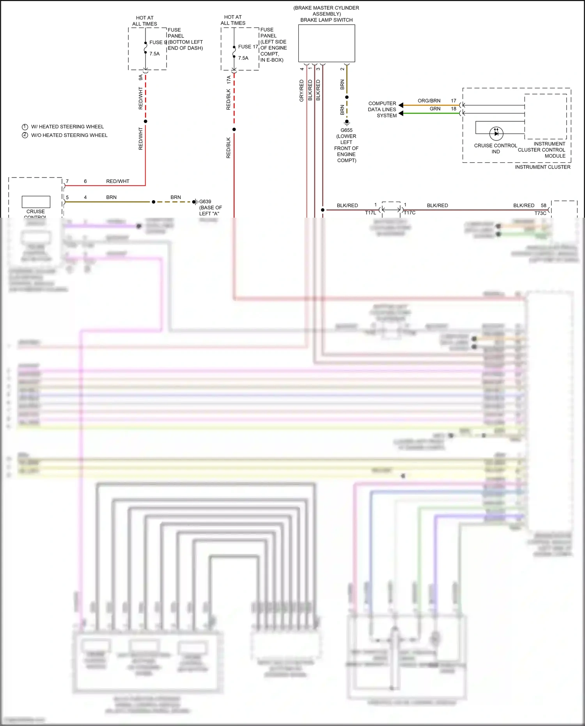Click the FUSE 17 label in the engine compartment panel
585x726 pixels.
pyautogui.click(x=248, y=46)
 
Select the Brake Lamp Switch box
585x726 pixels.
pyautogui.click(x=326, y=43)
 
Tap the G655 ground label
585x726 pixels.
pyautogui.click(x=346, y=130)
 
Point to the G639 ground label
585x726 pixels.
pyautogui.click(x=205, y=202)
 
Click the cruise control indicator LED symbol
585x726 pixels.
pyautogui.click(x=496, y=133)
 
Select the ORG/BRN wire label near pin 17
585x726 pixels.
pyautogui.click(x=429, y=101)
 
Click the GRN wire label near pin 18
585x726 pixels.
pyautogui.click(x=435, y=109)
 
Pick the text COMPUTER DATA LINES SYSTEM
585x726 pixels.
pyautogui.click(x=382, y=109)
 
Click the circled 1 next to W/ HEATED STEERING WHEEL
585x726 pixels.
pyautogui.click(x=25, y=127)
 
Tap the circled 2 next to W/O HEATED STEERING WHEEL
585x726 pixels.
pyautogui.click(x=25, y=135)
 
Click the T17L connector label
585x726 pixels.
pyautogui.click(x=370, y=213)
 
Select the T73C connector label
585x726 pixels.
pyautogui.click(x=540, y=213)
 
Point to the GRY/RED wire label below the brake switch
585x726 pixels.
pyautogui.click(x=301, y=91)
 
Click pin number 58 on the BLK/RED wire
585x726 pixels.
pyautogui.click(x=544, y=205)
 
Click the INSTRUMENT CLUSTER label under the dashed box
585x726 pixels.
pyautogui.click(x=542, y=167)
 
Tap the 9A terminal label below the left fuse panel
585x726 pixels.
pyautogui.click(x=141, y=78)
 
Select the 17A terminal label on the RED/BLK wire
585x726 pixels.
pyautogui.click(x=229, y=80)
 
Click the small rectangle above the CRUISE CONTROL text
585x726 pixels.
pyautogui.click(x=36, y=202)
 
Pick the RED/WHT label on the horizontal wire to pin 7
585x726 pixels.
pyautogui.click(x=117, y=181)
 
